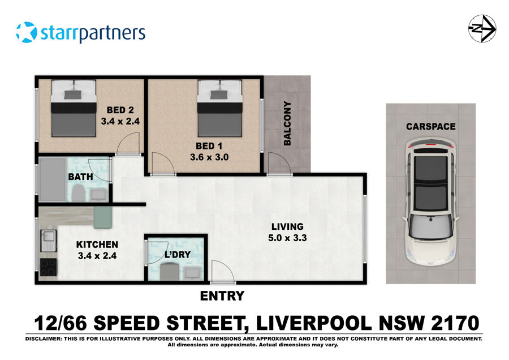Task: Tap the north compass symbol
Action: coord(482,28)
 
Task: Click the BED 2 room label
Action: coord(120,110)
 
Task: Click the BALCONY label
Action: coord(287,123)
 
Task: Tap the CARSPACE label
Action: coord(430,126)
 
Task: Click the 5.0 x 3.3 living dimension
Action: coord(287,238)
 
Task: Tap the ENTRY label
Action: coord(222,295)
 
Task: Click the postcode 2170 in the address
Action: coord(447,324)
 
